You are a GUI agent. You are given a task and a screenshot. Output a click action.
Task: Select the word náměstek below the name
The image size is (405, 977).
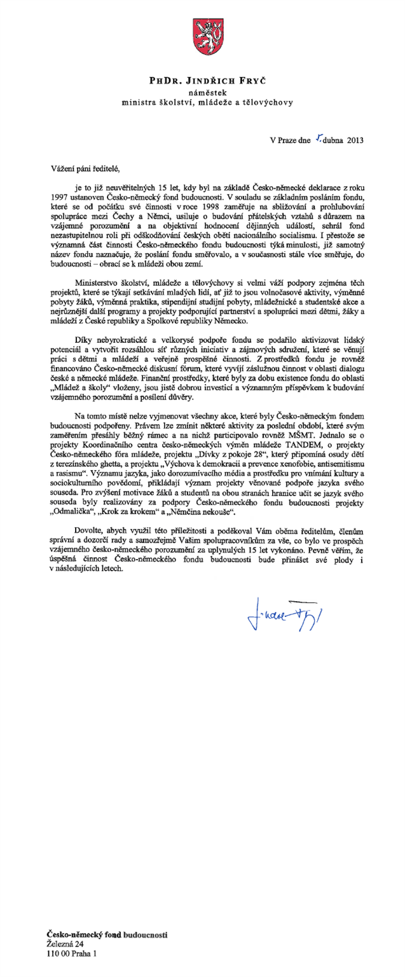pyautogui.click(x=203, y=92)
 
